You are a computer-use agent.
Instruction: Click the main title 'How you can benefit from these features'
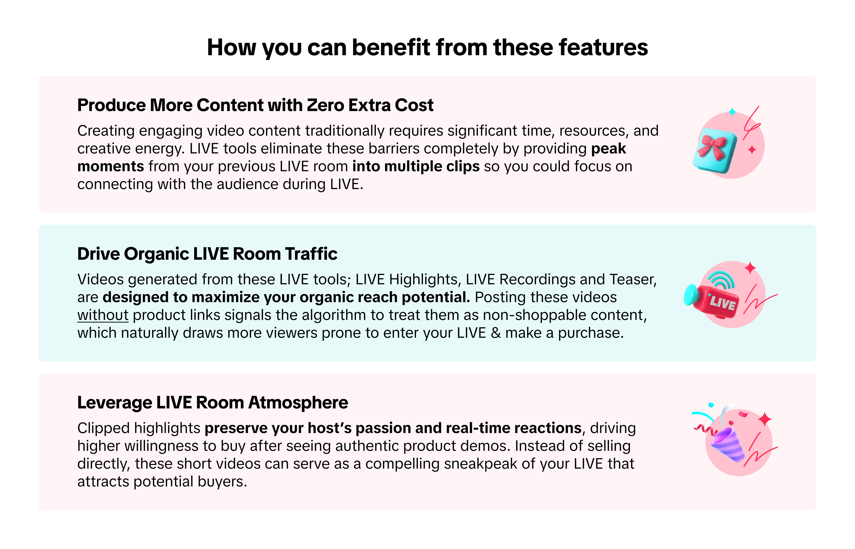tap(427, 48)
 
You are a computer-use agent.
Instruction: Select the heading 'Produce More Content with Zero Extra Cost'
tap(255, 105)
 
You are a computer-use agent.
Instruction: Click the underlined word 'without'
tap(103, 315)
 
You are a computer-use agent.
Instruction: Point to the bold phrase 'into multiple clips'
tap(416, 167)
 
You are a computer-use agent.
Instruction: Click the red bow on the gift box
tap(712, 147)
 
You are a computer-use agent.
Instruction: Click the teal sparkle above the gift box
tap(732, 112)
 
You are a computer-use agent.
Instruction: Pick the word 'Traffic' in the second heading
tap(311, 254)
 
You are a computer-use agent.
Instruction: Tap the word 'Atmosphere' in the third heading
tap(298, 403)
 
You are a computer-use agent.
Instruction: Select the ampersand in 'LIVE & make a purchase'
tap(496, 333)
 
